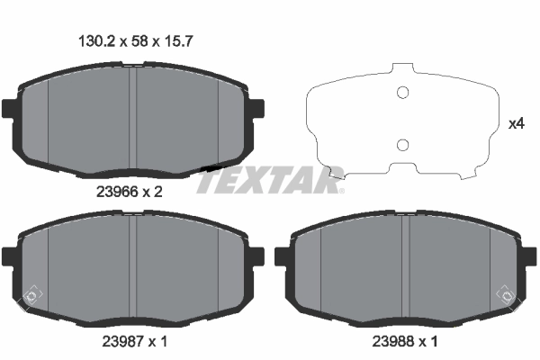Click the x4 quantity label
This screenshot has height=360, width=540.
(516, 124)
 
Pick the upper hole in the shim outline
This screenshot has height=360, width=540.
(403, 91)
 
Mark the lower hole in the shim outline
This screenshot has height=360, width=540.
(403, 145)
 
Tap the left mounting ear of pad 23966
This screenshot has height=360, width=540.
(9, 110)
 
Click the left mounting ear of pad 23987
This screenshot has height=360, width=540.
(9, 257)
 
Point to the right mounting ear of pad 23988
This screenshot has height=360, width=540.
(532, 257)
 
